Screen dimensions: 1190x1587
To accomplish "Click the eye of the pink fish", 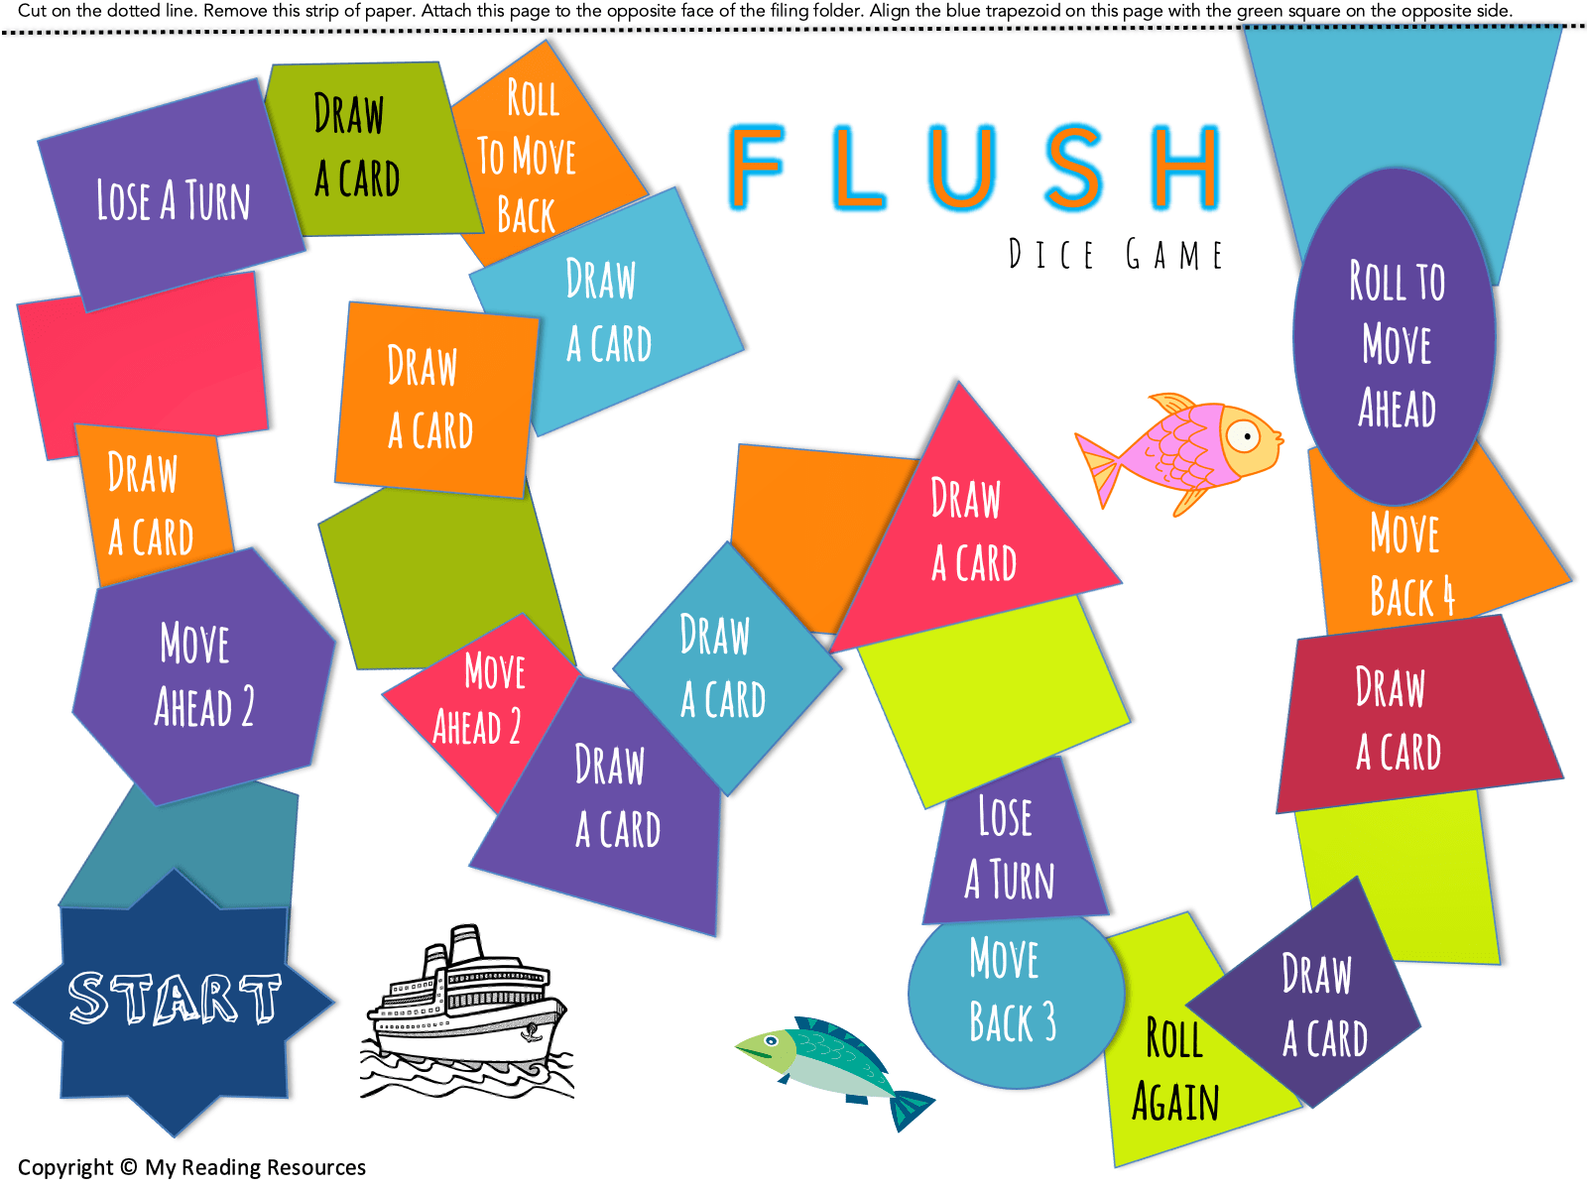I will click(x=1242, y=435).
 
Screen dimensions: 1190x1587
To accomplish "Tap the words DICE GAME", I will click(x=1115, y=255).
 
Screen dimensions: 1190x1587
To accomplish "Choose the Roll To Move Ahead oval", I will click(x=1395, y=337).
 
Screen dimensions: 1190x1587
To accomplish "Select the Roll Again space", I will click(x=1175, y=1071).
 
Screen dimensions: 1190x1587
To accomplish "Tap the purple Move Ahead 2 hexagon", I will click(x=203, y=674).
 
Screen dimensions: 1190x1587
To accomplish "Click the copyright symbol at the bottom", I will click(x=128, y=1167).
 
